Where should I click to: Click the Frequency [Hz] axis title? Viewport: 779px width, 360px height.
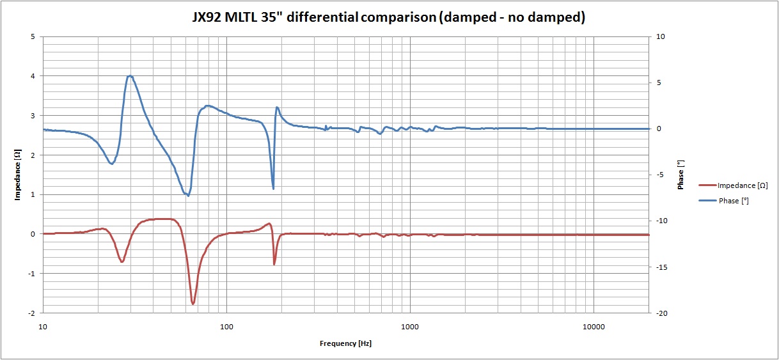345,343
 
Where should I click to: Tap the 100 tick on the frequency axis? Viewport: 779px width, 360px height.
226,327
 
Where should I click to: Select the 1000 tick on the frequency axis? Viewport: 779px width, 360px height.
410,327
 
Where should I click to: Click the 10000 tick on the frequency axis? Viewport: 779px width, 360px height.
594,327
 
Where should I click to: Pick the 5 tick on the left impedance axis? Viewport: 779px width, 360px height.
33,36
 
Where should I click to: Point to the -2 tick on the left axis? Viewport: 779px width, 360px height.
31,313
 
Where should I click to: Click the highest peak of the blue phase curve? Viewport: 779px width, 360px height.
130,75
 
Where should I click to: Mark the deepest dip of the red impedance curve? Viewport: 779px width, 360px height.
193,304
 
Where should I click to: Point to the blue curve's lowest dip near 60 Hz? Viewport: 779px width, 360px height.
188,195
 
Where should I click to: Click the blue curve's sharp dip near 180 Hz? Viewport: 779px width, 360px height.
273,189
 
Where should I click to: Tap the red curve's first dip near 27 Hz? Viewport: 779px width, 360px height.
122,262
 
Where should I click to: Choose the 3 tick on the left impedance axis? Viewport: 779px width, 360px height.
33,116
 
